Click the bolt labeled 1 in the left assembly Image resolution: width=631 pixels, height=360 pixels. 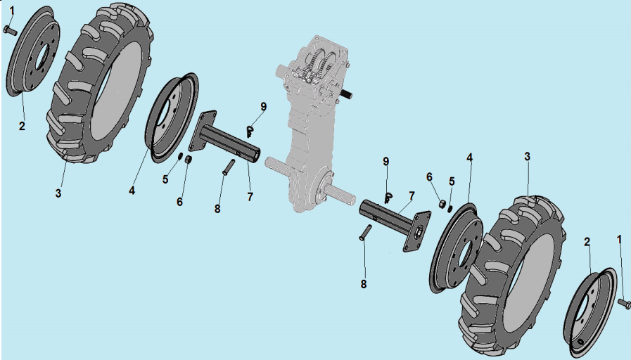click(10, 30)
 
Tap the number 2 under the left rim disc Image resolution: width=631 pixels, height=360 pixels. click(22, 126)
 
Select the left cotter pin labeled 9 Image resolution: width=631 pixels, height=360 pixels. click(250, 131)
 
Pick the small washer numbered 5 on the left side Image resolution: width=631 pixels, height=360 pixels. click(181, 157)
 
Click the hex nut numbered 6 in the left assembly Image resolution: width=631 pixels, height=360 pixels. click(188, 160)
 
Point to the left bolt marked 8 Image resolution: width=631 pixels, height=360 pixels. click(228, 167)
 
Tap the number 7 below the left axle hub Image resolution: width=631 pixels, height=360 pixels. click(250, 197)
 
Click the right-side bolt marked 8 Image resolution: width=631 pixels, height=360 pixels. click(365, 233)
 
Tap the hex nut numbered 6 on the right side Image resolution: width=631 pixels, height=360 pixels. click(442, 204)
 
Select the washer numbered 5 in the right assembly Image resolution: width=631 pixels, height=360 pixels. click(450, 208)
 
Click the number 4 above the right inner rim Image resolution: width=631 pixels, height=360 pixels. click(469, 157)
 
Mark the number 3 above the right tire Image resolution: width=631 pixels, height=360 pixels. click(527, 157)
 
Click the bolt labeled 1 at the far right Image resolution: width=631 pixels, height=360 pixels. click(624, 303)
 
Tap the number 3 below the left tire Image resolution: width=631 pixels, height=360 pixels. click(58, 193)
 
